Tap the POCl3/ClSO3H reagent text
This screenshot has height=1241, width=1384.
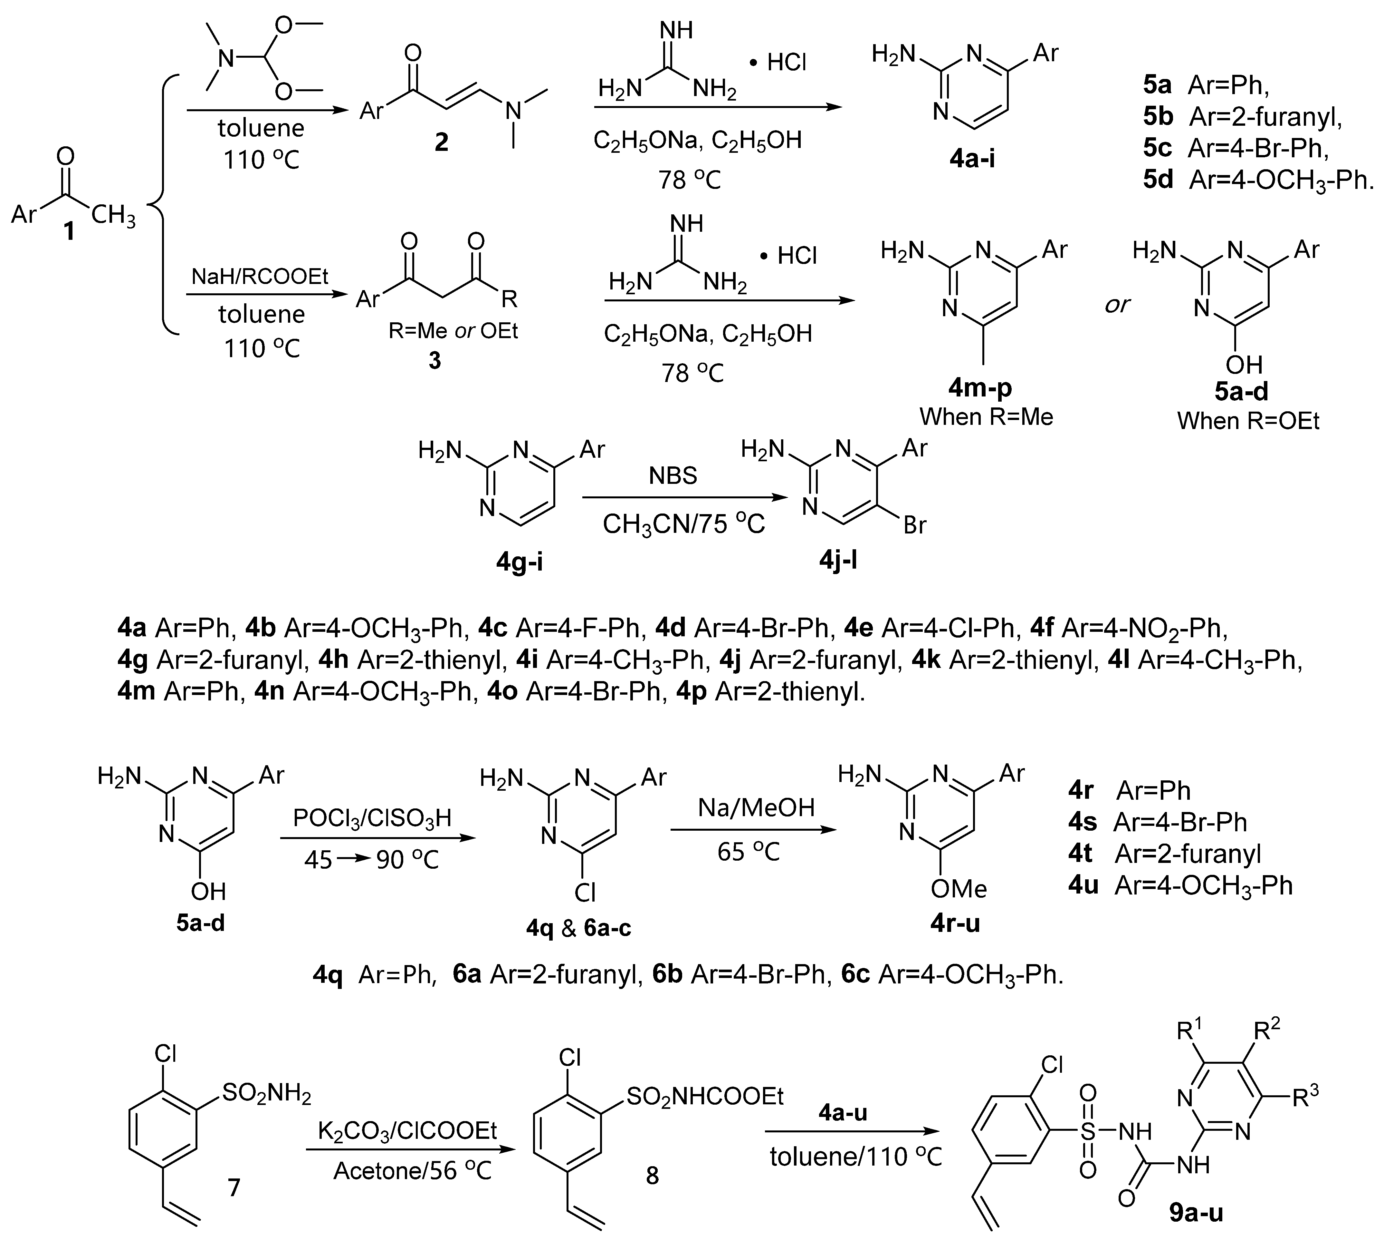click(x=372, y=817)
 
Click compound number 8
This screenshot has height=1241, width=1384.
click(x=652, y=1176)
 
